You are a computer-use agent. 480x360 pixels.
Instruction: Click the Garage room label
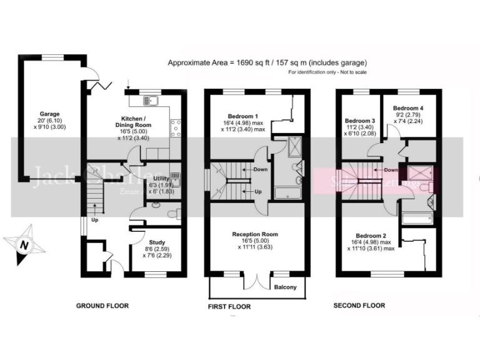49,114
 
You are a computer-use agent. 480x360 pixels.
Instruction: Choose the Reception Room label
255,234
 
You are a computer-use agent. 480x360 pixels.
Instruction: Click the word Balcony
289,287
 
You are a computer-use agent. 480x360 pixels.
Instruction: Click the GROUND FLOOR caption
102,306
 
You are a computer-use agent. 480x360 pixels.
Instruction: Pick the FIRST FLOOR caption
229,307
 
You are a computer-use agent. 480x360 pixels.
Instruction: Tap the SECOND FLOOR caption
359,306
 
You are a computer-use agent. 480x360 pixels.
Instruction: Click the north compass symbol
24,245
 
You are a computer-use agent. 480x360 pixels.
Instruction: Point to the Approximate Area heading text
267,63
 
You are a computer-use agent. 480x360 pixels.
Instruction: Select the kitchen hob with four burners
175,127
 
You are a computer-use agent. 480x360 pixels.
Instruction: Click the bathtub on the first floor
289,192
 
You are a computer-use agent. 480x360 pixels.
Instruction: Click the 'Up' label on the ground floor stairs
95,220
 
